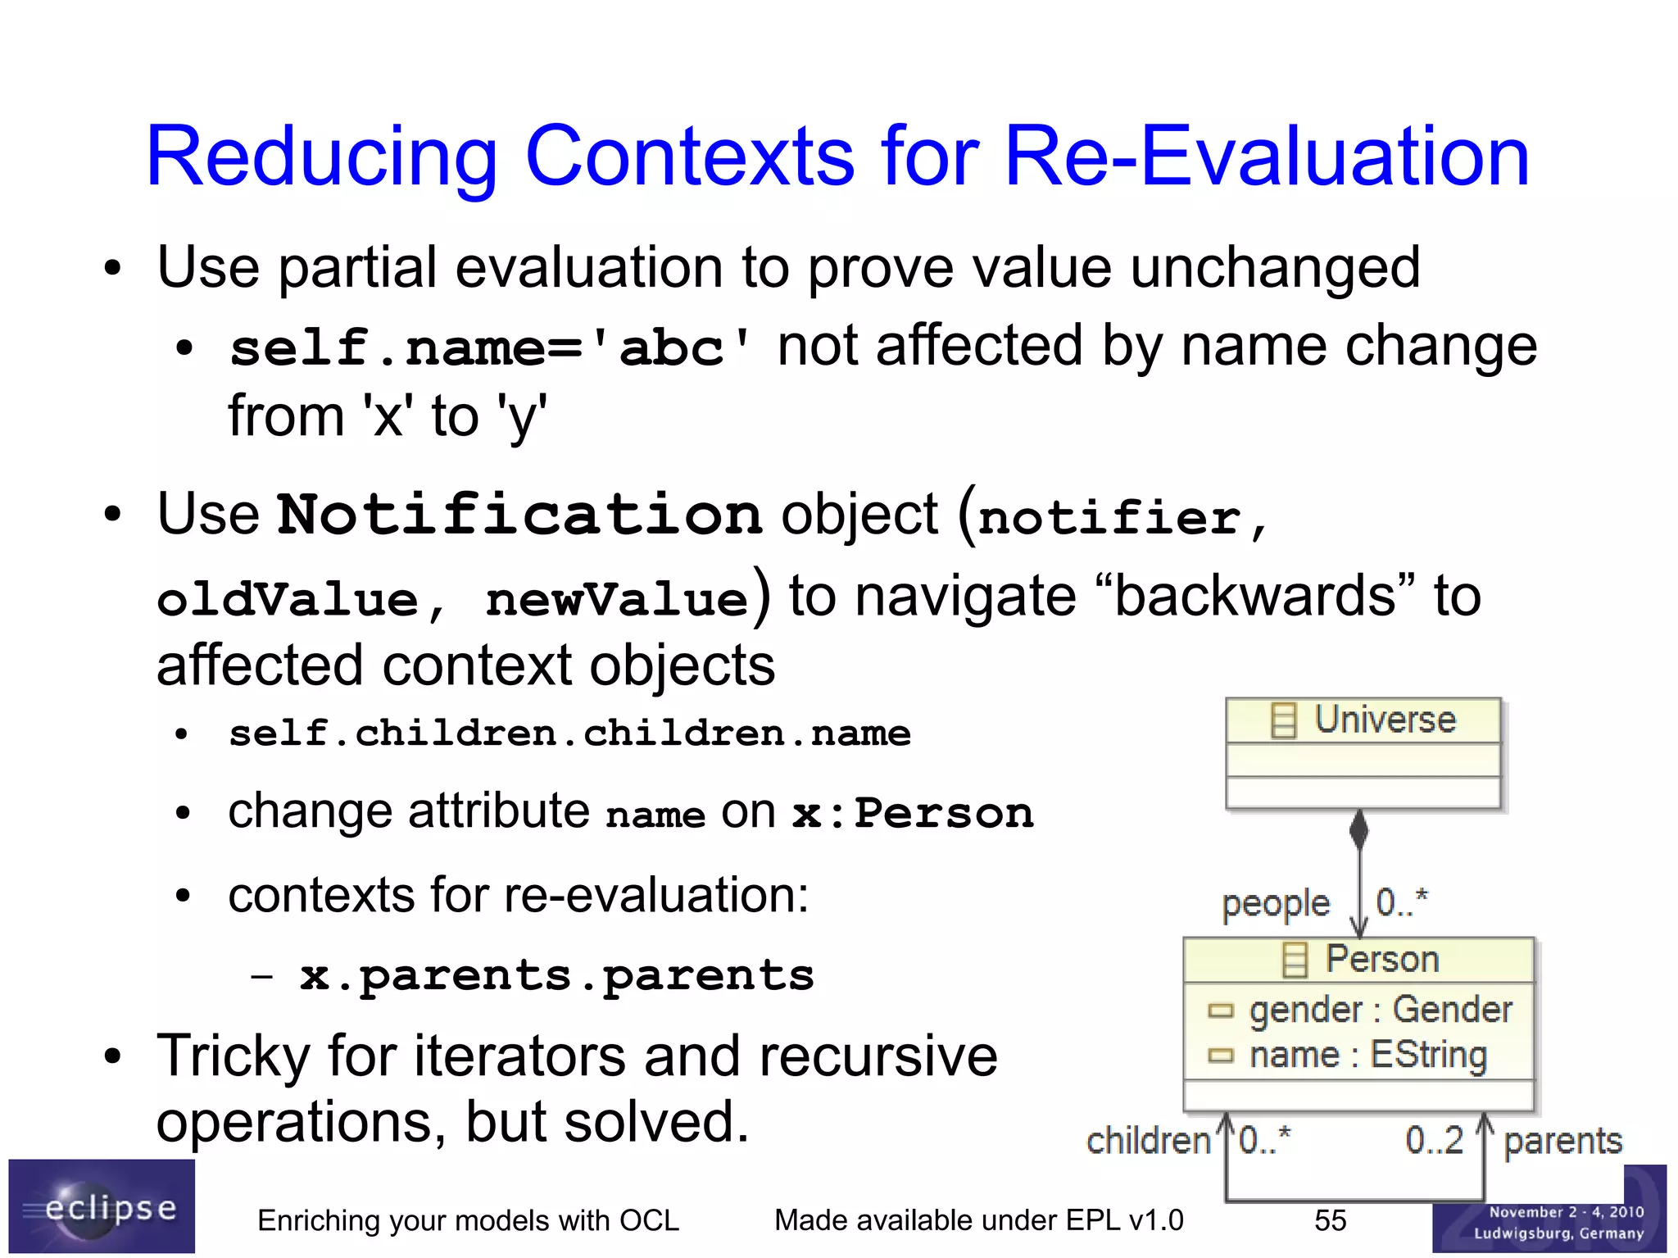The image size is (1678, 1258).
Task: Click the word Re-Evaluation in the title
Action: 1266,157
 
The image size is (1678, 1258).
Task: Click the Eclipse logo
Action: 102,1207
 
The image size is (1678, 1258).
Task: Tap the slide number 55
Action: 1330,1220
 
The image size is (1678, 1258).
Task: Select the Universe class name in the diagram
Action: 1384,720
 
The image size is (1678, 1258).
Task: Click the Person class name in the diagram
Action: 1381,959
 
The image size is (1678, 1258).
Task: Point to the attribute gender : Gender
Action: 1380,1010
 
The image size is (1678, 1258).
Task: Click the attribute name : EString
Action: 1367,1055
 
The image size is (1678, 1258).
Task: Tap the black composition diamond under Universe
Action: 1358,829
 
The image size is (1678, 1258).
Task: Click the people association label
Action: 1275,904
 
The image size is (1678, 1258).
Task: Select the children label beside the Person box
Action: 1148,1140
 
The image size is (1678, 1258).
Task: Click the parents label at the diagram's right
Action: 1562,1140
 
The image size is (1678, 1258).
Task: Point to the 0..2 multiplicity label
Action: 1434,1140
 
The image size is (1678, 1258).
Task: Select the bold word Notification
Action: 519,515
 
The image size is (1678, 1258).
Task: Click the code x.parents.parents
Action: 556,975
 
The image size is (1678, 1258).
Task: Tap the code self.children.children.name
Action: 569,733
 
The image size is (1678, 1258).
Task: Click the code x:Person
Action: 912,814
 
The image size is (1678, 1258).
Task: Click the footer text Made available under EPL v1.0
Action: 978,1220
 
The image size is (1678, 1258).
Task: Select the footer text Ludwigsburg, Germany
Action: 1558,1233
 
